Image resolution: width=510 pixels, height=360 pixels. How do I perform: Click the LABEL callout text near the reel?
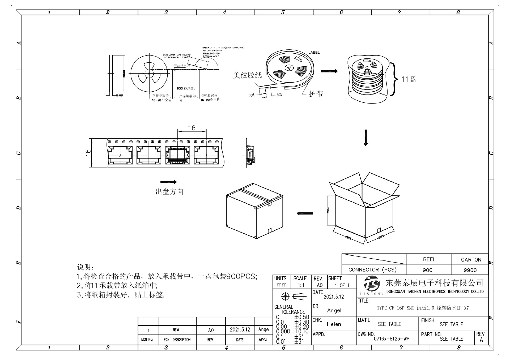(314, 53)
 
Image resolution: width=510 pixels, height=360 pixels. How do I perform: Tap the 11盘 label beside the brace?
(409, 79)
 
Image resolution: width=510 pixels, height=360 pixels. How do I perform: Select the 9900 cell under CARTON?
(470, 270)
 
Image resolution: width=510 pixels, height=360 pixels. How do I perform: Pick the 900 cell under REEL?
(427, 270)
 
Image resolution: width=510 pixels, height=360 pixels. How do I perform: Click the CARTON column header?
(471, 260)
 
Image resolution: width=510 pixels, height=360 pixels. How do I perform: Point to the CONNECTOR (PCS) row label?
(372, 270)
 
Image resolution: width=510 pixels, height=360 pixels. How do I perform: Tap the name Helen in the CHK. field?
(334, 324)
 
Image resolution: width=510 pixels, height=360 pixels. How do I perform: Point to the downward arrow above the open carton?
(366, 138)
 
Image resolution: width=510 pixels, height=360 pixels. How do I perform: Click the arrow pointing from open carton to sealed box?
(305, 213)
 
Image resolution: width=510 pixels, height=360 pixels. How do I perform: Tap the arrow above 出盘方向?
(168, 182)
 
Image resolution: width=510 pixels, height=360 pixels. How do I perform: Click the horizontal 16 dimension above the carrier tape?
(192, 128)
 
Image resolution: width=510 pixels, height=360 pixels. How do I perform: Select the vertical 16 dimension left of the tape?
(88, 152)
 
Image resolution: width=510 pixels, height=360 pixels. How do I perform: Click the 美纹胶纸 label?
(248, 75)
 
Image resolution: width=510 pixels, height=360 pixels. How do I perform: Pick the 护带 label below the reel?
(316, 94)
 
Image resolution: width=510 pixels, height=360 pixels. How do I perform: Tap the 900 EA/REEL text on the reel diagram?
(186, 88)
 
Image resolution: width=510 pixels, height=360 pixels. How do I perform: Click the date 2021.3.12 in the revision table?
(240, 329)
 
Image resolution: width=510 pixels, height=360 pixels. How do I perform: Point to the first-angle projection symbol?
(292, 296)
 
